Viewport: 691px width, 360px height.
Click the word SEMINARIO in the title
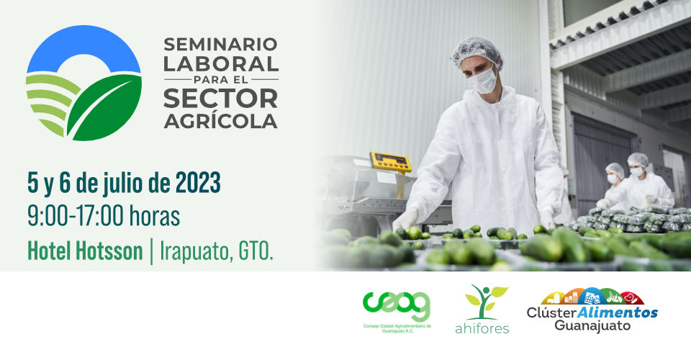pos(220,44)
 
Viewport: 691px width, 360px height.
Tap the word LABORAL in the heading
pos(221,64)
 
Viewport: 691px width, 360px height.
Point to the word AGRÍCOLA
pos(220,120)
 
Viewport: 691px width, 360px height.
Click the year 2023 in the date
pos(198,183)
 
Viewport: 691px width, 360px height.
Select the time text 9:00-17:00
pos(76,216)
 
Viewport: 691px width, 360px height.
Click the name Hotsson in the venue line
pos(109,251)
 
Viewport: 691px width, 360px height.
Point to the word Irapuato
pos(195,251)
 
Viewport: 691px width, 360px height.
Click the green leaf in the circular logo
pos(105,107)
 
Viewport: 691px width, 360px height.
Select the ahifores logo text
pos(482,328)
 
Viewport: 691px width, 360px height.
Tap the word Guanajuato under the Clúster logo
pos(592,325)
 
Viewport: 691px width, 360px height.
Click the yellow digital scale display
pos(390,162)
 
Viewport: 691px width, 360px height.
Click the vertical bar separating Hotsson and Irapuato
pos(152,251)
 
